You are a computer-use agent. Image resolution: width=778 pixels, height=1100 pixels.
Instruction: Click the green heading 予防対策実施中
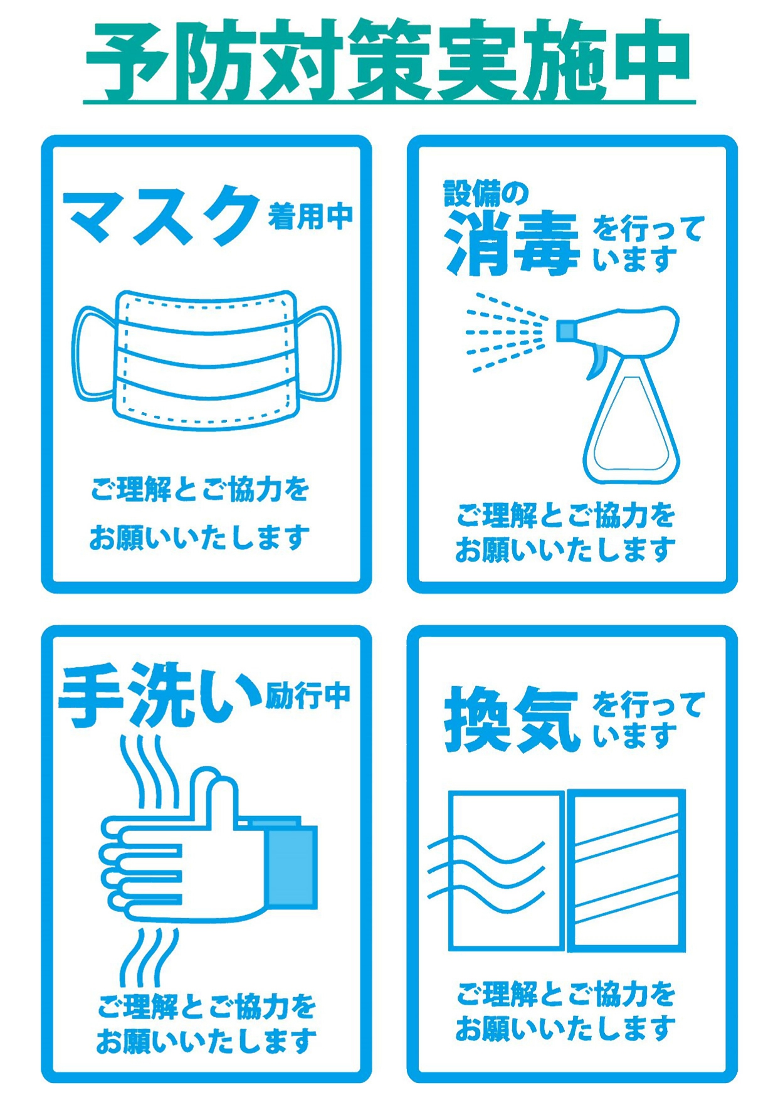388,61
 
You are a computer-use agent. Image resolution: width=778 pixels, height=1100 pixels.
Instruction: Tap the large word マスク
161,216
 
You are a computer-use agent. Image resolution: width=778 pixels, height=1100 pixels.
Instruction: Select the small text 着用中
310,217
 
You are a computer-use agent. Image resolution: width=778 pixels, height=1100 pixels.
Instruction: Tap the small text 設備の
486,194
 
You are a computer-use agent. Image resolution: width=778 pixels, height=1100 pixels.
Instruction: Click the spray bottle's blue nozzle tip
565,331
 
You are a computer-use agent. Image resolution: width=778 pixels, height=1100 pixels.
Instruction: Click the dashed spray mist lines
505,332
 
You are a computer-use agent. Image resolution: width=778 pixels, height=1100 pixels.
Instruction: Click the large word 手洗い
160,696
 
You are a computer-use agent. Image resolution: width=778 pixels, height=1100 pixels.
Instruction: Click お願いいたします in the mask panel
199,537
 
